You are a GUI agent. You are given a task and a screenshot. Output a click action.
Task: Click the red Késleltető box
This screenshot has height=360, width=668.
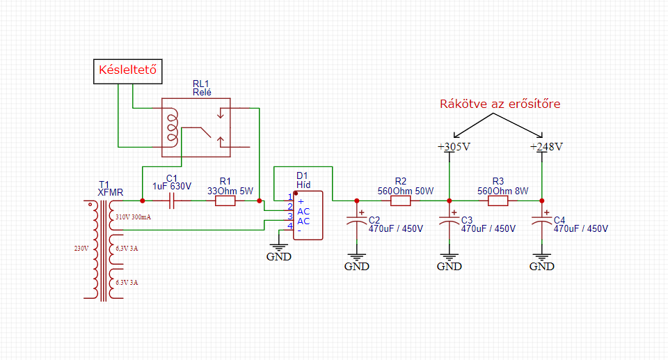pyautogui.click(x=128, y=71)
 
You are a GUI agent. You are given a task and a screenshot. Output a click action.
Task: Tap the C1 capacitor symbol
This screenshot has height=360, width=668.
pyautogui.click(x=172, y=201)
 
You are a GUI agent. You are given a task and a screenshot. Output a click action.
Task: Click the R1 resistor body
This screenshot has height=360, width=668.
pyautogui.click(x=225, y=201)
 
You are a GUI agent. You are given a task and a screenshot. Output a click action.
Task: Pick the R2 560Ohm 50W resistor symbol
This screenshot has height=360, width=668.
pyautogui.click(x=401, y=201)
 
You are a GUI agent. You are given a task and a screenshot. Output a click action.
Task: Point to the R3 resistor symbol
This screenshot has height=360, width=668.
pyautogui.click(x=498, y=201)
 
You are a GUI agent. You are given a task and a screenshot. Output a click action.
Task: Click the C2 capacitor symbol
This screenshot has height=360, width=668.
pyautogui.click(x=356, y=221)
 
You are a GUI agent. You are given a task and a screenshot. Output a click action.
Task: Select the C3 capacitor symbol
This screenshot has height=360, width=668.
pyautogui.click(x=449, y=221)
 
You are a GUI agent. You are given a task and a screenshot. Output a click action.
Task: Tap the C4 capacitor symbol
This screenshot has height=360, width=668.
pyautogui.click(x=541, y=221)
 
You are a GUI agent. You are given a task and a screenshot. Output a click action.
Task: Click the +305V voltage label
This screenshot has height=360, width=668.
pyautogui.click(x=454, y=147)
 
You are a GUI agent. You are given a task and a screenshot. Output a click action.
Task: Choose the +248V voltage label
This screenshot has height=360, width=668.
pyautogui.click(x=546, y=147)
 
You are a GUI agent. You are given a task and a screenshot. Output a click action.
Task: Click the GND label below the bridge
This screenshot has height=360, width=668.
pyautogui.click(x=278, y=256)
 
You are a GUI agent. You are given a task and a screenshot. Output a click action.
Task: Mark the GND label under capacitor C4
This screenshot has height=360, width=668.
pyautogui.click(x=541, y=266)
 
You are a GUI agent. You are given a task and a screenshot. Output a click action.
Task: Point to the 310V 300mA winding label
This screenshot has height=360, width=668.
pyautogui.click(x=134, y=217)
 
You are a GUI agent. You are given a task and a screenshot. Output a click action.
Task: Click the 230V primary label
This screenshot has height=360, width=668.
pyautogui.click(x=81, y=249)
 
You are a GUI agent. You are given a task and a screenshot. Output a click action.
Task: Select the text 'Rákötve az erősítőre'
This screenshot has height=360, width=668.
pyautogui.click(x=500, y=104)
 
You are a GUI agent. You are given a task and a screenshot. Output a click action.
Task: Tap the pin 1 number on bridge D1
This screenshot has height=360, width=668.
pyautogui.click(x=290, y=197)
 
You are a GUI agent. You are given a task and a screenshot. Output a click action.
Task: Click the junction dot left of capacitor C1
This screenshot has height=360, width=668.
pyautogui.click(x=142, y=201)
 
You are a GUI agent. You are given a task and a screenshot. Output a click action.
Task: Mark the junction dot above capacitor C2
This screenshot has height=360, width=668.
pyautogui.click(x=356, y=201)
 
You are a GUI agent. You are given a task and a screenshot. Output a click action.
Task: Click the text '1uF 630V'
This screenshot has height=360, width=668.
pyautogui.click(x=172, y=187)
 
